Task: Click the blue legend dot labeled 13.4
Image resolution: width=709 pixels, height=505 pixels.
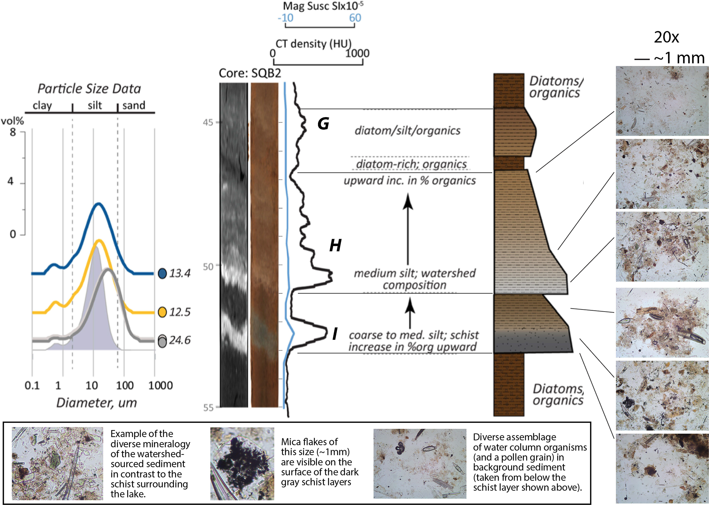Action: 162,273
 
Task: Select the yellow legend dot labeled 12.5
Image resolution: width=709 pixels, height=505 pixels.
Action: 162,312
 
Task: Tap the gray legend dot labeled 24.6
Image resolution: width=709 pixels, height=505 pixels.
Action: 162,341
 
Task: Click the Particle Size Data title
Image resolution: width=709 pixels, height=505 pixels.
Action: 89,89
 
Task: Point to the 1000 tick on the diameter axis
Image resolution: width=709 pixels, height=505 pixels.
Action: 160,385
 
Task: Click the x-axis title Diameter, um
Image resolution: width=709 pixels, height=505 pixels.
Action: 96,403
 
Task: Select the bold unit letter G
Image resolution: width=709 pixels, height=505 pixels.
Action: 323,124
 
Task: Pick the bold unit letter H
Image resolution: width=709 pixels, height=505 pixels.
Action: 335,245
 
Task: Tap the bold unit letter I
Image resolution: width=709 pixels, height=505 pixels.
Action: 335,334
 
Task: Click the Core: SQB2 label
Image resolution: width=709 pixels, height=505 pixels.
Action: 250,73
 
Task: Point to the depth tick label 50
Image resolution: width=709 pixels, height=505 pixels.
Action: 208,267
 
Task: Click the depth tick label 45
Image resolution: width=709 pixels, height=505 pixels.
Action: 208,122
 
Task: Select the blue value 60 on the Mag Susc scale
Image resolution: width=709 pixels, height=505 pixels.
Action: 355,18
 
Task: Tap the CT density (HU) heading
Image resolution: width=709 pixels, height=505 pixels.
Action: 314,44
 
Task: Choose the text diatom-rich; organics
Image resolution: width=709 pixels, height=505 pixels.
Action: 411,164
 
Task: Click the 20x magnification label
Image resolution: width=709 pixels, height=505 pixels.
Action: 666,37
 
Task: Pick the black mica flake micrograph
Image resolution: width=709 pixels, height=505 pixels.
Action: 242,463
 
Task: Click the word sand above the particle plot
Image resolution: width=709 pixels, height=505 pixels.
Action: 134,105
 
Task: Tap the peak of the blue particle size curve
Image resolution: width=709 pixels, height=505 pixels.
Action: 99,204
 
